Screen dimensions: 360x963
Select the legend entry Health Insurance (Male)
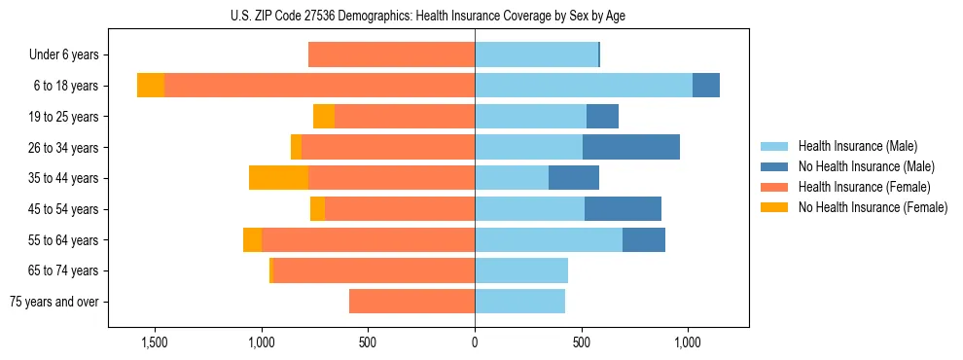857,146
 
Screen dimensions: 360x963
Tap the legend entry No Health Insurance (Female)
873,207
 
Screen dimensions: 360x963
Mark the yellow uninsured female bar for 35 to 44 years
278,178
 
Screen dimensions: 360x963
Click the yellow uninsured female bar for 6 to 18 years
151,86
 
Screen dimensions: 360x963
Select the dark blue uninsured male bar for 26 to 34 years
631,147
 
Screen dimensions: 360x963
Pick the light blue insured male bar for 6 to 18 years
584,86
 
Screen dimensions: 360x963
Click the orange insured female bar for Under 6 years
391,55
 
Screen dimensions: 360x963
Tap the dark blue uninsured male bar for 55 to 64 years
644,239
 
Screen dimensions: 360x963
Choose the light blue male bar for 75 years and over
519,302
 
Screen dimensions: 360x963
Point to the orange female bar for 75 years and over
411,302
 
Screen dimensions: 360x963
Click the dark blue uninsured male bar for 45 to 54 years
623,209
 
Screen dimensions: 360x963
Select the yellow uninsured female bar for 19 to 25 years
324,117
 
